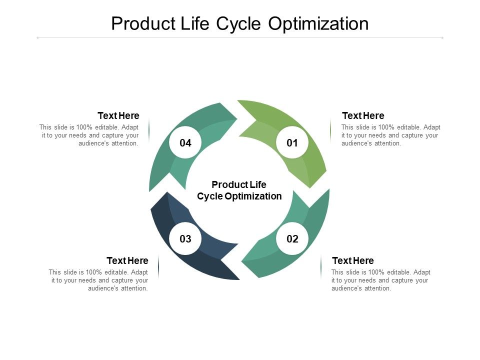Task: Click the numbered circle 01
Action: pos(292,143)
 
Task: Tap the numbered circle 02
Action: pos(292,239)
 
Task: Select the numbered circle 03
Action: pos(185,239)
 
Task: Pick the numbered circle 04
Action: pos(185,143)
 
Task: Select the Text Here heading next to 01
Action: pos(363,116)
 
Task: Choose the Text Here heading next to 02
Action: pos(353,261)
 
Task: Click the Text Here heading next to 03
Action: pos(127,261)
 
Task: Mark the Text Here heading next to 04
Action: pos(118,116)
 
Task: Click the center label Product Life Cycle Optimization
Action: pos(239,190)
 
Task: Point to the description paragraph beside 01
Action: pos(390,135)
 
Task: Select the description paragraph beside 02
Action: pos(380,280)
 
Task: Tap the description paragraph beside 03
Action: pos(98,280)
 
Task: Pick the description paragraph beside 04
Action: pos(89,135)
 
